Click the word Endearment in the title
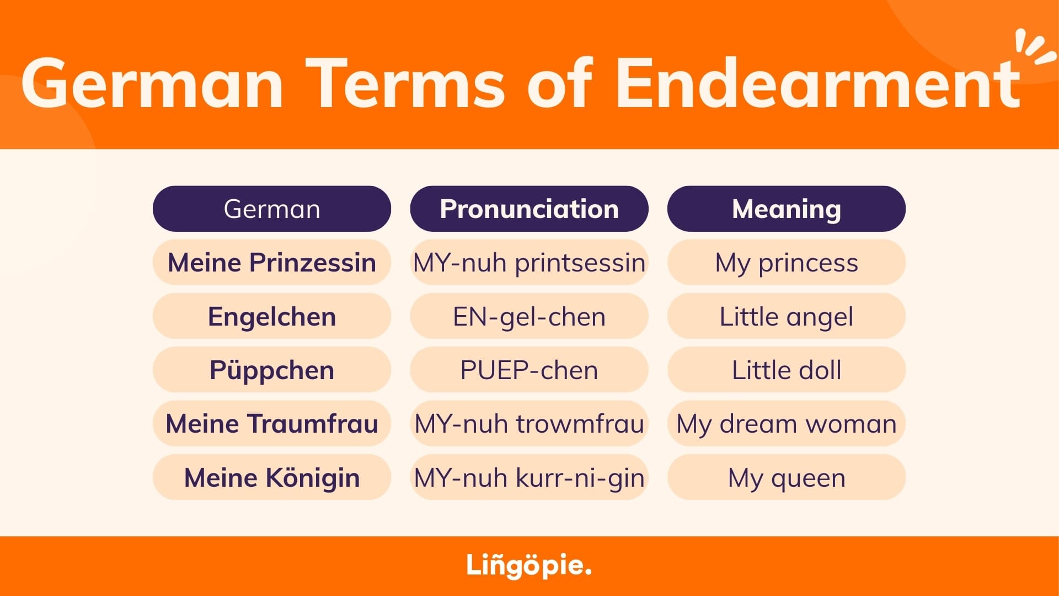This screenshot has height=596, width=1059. (817, 83)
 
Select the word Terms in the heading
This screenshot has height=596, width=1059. (405, 83)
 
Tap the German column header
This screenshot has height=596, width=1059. (272, 209)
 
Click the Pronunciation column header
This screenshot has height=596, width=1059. (529, 209)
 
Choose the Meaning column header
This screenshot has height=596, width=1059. (787, 209)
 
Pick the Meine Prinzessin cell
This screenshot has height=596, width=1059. (272, 262)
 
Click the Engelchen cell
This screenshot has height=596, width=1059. (272, 316)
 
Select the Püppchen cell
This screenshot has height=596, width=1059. (272, 370)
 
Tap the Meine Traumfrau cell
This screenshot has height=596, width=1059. (272, 423)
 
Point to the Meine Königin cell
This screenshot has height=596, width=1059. (272, 477)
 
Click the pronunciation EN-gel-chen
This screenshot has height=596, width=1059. (529, 316)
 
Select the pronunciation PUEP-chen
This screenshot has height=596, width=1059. (529, 370)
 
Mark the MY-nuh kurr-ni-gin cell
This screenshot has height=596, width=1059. (529, 477)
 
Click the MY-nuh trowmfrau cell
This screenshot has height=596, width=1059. (529, 423)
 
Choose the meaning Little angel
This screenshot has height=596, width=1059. (787, 316)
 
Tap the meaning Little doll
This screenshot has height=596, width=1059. (787, 370)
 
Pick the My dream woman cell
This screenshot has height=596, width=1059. (787, 423)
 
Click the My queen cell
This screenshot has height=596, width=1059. (787, 477)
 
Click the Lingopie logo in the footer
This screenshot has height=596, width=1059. (529, 566)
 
